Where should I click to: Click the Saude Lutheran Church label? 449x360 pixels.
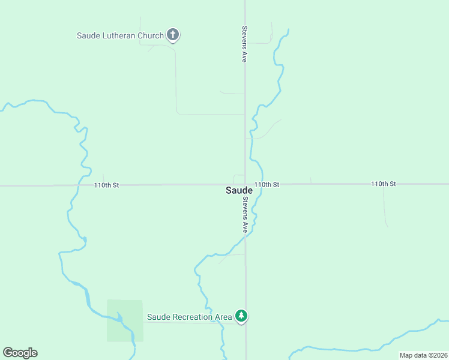(x=120, y=35)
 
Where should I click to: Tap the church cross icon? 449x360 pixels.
(x=173, y=35)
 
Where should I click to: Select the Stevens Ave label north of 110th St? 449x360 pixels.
(x=244, y=44)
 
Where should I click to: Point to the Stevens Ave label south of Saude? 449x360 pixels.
(x=245, y=216)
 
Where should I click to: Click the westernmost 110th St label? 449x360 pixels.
(x=106, y=185)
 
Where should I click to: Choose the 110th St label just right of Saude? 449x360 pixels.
(x=267, y=184)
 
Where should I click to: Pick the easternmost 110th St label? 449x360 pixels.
(x=384, y=184)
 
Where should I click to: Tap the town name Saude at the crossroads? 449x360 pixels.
(x=239, y=190)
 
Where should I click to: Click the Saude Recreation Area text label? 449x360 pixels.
(x=190, y=317)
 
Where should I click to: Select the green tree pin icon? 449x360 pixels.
(x=241, y=316)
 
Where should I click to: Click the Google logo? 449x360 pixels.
(x=20, y=353)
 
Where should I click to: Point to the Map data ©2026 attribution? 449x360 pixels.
(x=423, y=355)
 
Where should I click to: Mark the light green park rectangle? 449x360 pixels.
(x=125, y=321)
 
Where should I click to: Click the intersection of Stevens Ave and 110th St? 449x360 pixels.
(x=245, y=184)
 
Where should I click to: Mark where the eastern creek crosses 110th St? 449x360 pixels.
(x=262, y=184)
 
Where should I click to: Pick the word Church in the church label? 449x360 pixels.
(x=151, y=35)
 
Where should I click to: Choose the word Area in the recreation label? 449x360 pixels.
(x=223, y=317)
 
